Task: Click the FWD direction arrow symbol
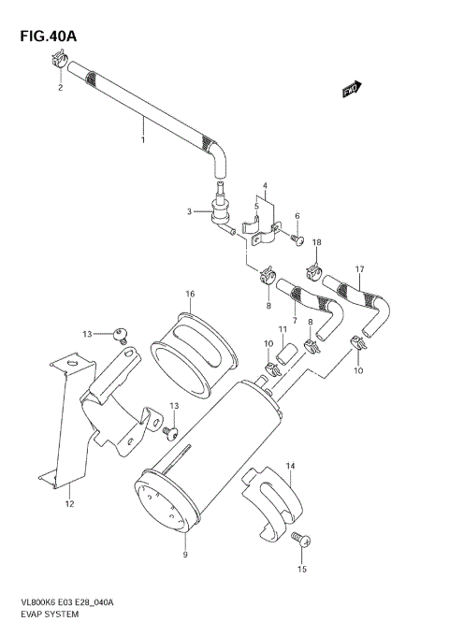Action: tap(351, 90)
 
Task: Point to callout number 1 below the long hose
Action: tap(142, 140)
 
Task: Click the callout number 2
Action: tap(60, 88)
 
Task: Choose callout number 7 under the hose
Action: tap(295, 322)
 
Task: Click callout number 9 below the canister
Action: tap(185, 555)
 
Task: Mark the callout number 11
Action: tap(282, 330)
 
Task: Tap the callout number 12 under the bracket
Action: tap(68, 504)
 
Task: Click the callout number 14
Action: tap(290, 465)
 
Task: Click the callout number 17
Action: tap(358, 272)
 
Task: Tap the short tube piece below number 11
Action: tap(290, 354)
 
